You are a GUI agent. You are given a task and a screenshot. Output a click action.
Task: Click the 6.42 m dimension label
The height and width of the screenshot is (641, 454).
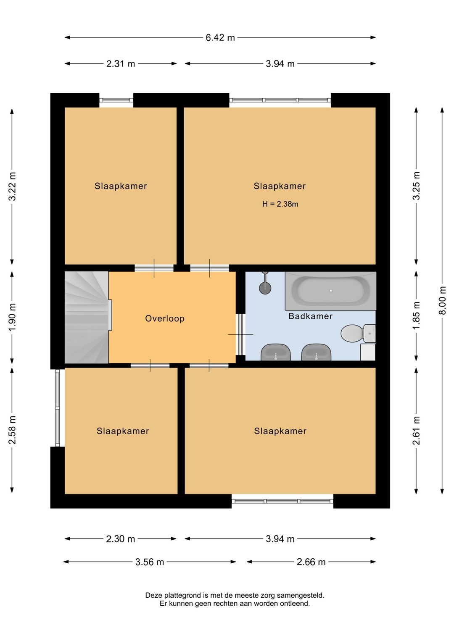click(x=220, y=37)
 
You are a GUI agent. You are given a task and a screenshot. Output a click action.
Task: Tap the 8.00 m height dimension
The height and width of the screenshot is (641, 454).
click(x=442, y=300)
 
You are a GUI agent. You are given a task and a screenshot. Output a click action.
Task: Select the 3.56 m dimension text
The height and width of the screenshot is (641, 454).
click(x=150, y=562)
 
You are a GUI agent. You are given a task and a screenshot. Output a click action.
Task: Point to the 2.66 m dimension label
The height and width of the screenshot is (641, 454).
click(x=311, y=562)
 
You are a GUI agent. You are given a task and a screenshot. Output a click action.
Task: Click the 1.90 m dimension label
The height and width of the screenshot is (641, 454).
click(x=12, y=316)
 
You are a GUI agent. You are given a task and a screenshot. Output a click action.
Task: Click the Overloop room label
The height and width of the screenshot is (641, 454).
click(x=165, y=318)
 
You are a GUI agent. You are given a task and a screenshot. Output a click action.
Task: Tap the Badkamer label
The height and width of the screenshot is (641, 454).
click(x=311, y=316)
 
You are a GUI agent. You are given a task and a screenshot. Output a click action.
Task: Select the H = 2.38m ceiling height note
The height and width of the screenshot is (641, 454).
click(x=280, y=204)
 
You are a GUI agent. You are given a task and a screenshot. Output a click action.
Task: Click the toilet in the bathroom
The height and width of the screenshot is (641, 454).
click(x=358, y=334)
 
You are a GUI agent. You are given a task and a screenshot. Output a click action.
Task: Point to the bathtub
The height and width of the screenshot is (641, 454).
click(x=330, y=291)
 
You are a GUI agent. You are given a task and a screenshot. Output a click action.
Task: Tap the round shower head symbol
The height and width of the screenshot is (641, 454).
click(x=265, y=288)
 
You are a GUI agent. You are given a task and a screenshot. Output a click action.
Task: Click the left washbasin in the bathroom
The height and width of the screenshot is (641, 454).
click(x=275, y=352)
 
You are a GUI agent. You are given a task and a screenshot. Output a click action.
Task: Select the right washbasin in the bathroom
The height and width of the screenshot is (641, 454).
click(x=316, y=352)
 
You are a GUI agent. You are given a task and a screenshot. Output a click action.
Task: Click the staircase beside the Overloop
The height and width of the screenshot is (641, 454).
click(x=87, y=318)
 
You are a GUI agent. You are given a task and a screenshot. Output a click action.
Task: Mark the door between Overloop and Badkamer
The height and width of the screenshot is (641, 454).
click(x=240, y=334)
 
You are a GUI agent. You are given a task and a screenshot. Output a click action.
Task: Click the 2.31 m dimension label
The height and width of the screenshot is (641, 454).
click(x=121, y=63)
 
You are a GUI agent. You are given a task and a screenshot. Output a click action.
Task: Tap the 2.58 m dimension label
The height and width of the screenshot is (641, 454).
click(x=12, y=430)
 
